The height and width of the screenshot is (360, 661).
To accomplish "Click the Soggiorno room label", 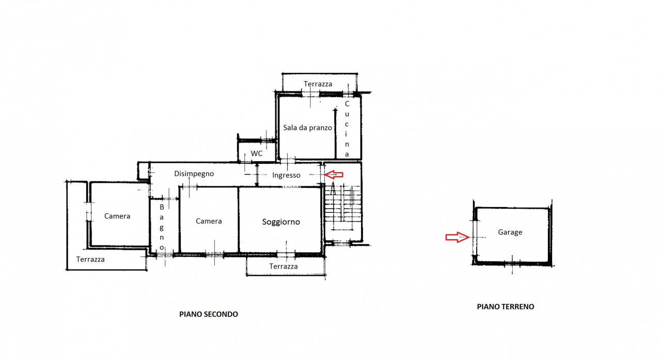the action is coord(281,222).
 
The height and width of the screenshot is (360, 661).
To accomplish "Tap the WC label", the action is coord(257,153).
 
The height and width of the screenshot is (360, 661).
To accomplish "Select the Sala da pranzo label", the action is coord(307,128).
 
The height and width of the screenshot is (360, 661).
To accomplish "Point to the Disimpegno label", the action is coord(194,174).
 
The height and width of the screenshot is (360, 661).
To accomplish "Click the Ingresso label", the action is coord(286,175).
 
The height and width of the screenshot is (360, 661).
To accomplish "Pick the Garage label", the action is coord(510,232).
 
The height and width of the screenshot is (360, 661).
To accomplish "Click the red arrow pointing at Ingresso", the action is coord(334,175).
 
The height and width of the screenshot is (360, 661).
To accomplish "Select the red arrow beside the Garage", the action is coord(457,237).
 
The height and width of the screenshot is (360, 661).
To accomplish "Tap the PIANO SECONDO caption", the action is coord(209,314).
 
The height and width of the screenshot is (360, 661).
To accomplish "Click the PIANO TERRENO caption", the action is coord(506,307).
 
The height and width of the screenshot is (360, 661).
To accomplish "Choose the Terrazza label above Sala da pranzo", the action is coord(318,84).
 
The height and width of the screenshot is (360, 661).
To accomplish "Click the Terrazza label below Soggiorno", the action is coord(284,267).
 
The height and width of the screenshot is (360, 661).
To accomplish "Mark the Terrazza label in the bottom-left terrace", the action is coord(90,259).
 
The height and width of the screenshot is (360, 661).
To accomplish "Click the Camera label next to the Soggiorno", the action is coord(209,221).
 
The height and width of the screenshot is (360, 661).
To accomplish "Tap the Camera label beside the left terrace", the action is coord(117,216).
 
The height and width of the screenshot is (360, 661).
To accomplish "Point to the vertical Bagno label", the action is coord(162,227).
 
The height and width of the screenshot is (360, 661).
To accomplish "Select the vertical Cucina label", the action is coord(347,129).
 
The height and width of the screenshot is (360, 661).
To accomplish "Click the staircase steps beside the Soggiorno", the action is coord(342,207).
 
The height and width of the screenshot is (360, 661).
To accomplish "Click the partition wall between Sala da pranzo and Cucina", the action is coord(335,134).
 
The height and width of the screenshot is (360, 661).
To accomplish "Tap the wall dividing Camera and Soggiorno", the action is coord(238,220).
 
